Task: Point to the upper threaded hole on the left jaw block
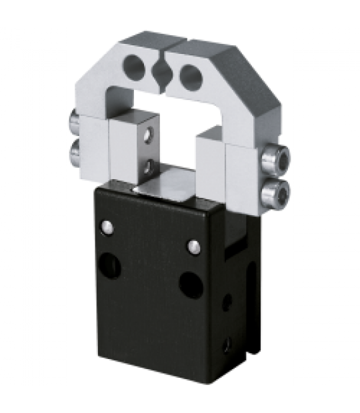(150, 132)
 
